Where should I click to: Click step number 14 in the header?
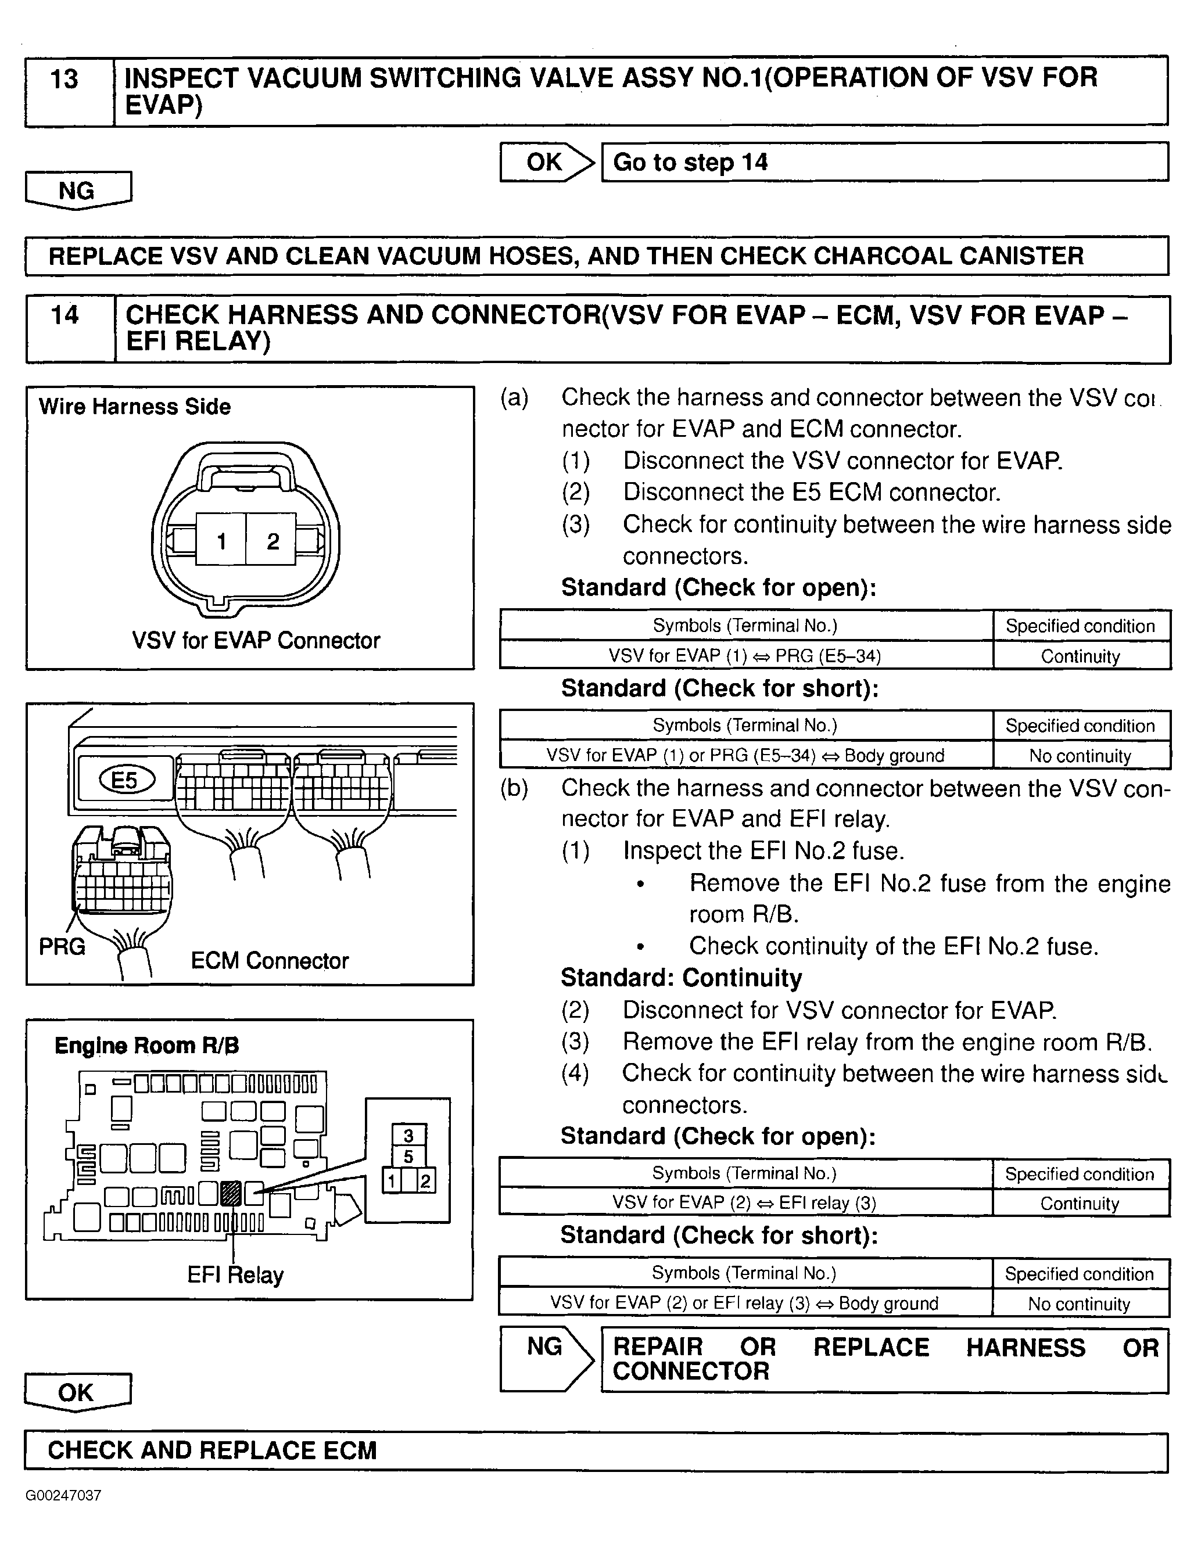[x=65, y=315]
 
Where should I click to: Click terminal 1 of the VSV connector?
[x=221, y=541]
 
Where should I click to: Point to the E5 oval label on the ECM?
[x=126, y=780]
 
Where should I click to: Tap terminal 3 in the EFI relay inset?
[x=408, y=1136]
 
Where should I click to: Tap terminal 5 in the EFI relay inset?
[x=408, y=1157]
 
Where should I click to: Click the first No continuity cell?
[x=1080, y=756]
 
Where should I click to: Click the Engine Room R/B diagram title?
[x=147, y=1046]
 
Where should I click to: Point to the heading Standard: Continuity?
[x=682, y=978]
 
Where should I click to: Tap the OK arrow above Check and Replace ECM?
[x=77, y=1392]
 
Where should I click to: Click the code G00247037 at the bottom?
[x=64, y=1496]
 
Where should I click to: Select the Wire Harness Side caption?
[x=134, y=407]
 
